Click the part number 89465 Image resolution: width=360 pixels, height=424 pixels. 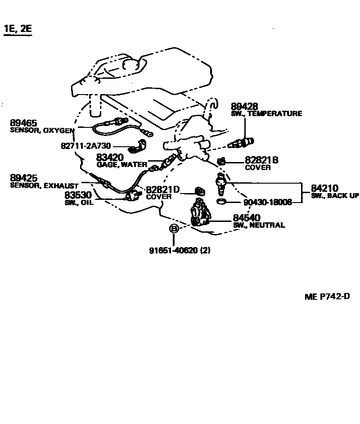[23, 123]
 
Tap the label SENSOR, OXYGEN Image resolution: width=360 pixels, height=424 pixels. [42, 131]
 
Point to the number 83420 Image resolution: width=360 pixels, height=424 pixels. [110, 158]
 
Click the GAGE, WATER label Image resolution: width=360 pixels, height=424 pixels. [122, 165]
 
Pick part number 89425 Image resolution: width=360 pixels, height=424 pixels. [23, 179]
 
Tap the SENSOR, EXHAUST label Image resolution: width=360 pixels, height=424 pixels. [44, 185]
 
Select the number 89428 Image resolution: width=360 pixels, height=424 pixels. [244, 107]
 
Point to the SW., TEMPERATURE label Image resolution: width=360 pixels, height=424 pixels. [266, 114]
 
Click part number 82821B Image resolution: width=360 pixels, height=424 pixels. [261, 160]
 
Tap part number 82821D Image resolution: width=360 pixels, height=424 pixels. [163, 190]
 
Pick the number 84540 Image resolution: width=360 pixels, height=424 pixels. [247, 218]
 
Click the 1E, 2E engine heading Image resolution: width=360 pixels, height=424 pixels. [18, 29]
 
